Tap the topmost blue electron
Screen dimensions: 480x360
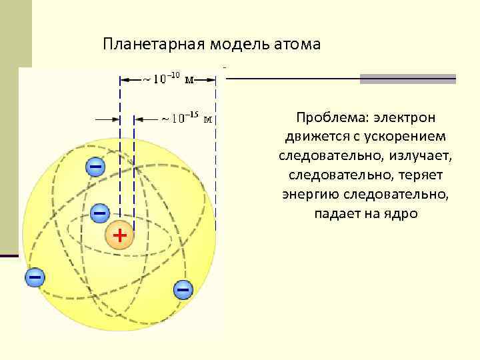tap(96, 165)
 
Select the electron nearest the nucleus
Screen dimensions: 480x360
tap(99, 213)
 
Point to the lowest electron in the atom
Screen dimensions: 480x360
tap(182, 289)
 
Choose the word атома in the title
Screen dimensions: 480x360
tap(297, 44)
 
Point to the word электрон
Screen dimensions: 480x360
tap(404, 118)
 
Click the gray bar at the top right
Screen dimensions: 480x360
tap(407, 79)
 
